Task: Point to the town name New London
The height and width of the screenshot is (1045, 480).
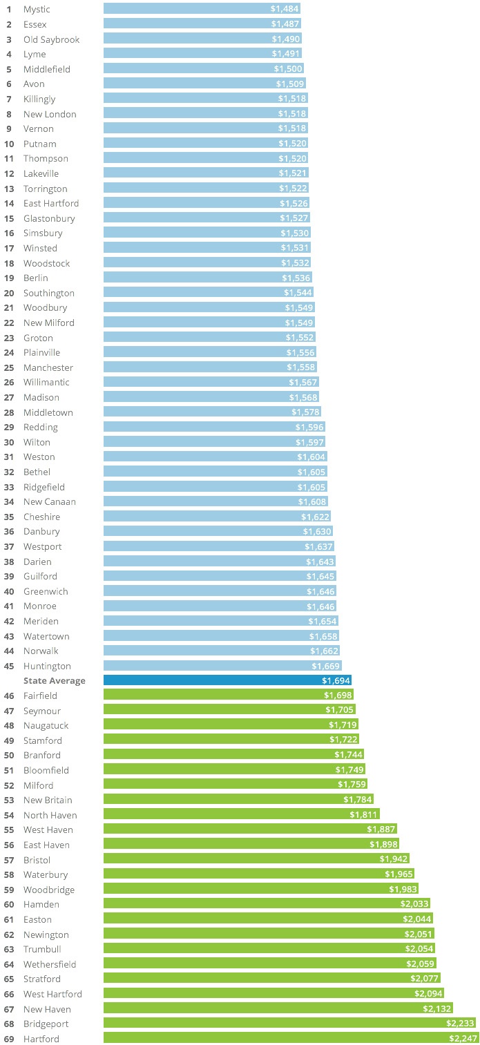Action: coord(50,114)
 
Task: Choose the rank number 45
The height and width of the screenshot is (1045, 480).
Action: coord(9,666)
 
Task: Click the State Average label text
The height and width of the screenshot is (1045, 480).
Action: coord(55,681)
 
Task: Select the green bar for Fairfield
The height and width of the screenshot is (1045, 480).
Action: coord(214,696)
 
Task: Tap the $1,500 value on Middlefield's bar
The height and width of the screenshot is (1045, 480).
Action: coord(287,69)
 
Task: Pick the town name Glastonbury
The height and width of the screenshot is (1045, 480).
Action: coord(49,218)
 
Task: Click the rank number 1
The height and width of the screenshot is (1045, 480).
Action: coord(9,9)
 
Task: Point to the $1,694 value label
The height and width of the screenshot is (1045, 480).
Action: coord(335,681)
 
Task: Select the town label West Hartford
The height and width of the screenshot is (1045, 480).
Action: coord(52,994)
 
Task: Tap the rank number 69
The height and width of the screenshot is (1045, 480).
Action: coord(9,1039)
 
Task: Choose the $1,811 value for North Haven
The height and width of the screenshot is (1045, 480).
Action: coord(363,815)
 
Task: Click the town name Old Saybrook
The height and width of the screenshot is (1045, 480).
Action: coord(51,39)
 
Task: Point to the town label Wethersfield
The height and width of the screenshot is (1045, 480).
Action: coord(50,964)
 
